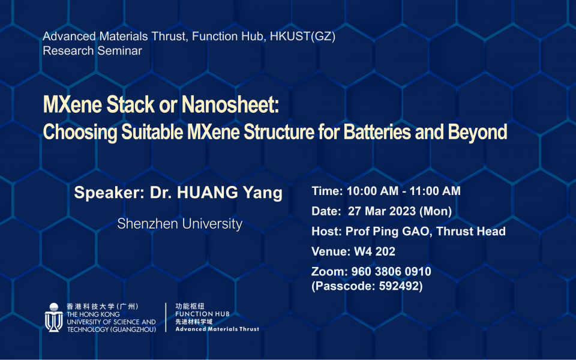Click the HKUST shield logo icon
[53, 317]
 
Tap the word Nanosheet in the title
[230, 104]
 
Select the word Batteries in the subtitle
[377, 132]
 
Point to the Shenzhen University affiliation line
[179, 224]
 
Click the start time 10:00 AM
[373, 191]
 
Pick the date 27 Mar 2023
[382, 211]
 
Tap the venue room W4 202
[374, 251]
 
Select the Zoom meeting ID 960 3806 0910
[391, 272]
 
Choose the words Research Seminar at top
[92, 50]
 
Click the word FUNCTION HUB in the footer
[202, 314]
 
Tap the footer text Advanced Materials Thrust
[217, 329]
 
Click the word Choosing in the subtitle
[80, 132]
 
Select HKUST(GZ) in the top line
[302, 37]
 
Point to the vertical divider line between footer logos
[166, 317]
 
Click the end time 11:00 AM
[435, 191]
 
